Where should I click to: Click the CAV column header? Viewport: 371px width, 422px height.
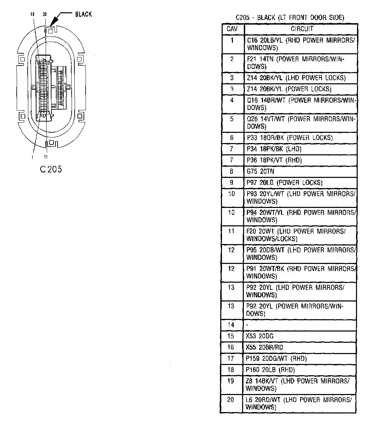click(x=232, y=29)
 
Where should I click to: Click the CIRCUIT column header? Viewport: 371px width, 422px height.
click(x=302, y=29)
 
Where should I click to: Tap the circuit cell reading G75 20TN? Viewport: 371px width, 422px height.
click(x=260, y=171)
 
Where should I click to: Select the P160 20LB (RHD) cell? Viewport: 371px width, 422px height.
click(x=270, y=370)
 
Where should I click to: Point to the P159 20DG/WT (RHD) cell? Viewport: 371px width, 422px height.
click(x=276, y=358)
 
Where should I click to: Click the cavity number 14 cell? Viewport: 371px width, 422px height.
click(x=231, y=325)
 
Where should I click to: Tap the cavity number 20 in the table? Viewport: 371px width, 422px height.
click(x=231, y=399)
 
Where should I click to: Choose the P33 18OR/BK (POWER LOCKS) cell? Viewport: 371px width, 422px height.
click(x=289, y=138)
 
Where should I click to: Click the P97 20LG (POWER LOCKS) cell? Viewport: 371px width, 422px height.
click(x=284, y=183)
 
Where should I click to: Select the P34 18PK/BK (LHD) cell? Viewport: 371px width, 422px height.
click(x=274, y=149)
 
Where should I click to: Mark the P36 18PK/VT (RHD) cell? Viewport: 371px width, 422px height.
click(x=274, y=160)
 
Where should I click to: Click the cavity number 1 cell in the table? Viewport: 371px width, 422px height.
click(x=232, y=40)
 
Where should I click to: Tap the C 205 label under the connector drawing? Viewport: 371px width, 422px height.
click(x=50, y=169)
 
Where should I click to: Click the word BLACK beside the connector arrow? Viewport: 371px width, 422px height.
click(x=83, y=14)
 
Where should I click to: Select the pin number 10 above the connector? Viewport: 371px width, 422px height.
click(x=32, y=14)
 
